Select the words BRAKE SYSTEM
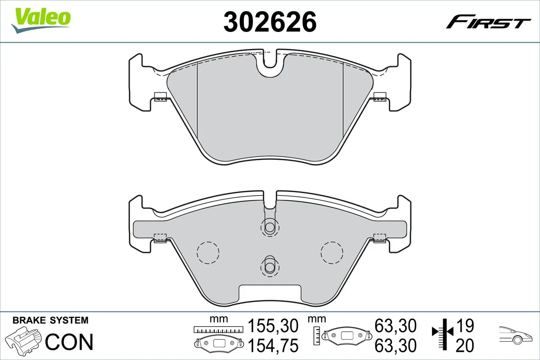click(50, 320)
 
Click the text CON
click(69, 342)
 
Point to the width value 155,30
click(273, 325)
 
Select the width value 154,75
click(273, 346)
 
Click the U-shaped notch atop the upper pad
click(270, 63)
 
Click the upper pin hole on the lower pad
click(270, 228)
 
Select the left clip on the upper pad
click(160, 96)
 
